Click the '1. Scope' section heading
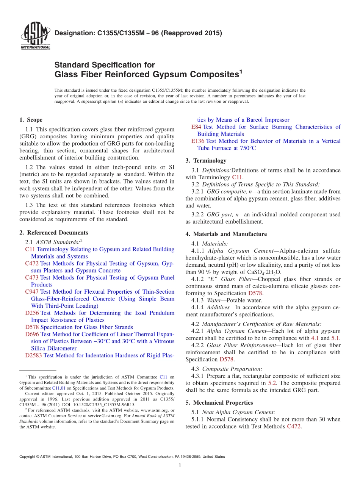click(x=31, y=120)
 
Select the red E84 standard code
click(x=196, y=127)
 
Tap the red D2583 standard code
click(x=33, y=355)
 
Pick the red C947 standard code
click(x=32, y=292)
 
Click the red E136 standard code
click(x=198, y=141)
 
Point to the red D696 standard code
click(x=32, y=334)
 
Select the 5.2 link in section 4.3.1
click(x=272, y=383)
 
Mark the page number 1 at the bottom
click(x=180, y=466)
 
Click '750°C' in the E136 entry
click(x=244, y=148)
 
